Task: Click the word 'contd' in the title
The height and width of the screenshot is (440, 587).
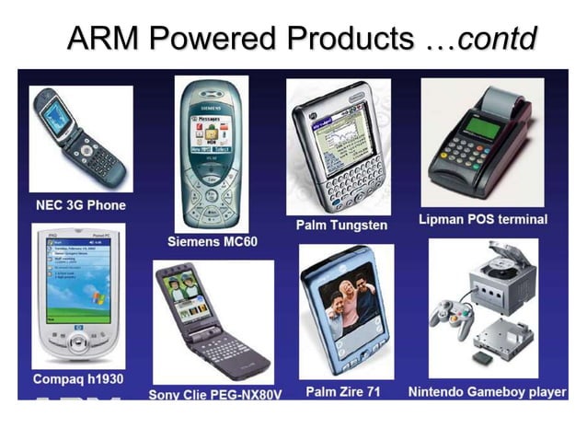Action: tap(497, 39)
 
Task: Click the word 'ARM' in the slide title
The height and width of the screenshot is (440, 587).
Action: tap(102, 39)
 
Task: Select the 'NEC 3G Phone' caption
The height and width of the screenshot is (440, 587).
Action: tap(80, 204)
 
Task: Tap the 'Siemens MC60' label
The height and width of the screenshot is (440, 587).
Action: tap(213, 241)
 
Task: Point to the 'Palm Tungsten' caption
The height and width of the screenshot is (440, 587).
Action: tap(341, 225)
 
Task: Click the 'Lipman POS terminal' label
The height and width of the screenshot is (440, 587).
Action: tap(482, 219)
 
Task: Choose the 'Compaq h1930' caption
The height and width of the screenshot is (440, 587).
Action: tap(78, 378)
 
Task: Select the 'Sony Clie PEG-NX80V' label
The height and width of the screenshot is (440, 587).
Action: tap(214, 394)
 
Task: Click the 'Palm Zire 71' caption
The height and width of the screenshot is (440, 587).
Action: tap(343, 391)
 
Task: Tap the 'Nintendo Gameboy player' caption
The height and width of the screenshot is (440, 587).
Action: tap(487, 391)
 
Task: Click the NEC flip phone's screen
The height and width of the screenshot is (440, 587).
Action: tap(56, 117)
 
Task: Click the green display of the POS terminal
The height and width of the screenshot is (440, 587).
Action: tap(480, 126)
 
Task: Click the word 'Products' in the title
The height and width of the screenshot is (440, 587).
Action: tap(349, 39)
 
